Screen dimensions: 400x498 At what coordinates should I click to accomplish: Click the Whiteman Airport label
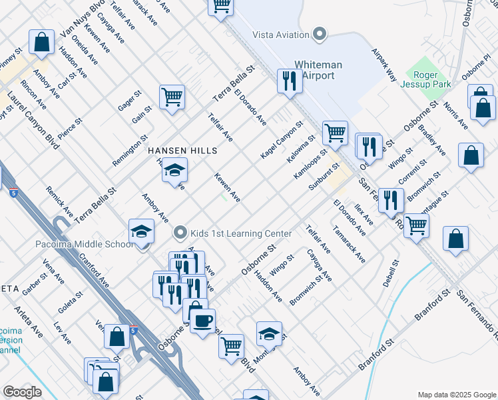click(322, 70)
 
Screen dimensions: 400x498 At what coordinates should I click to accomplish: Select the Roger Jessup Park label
click(425, 79)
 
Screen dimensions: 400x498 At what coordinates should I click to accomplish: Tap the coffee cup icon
click(202, 320)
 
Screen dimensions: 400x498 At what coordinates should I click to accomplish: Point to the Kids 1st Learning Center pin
click(179, 233)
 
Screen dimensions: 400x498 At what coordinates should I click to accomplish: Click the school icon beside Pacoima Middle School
click(141, 231)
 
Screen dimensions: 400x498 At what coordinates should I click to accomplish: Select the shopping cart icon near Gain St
click(172, 97)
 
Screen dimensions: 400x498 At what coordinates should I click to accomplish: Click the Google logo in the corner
click(22, 392)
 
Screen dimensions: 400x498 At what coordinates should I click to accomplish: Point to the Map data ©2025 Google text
click(456, 395)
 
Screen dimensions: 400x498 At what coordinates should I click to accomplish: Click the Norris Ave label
click(455, 113)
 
